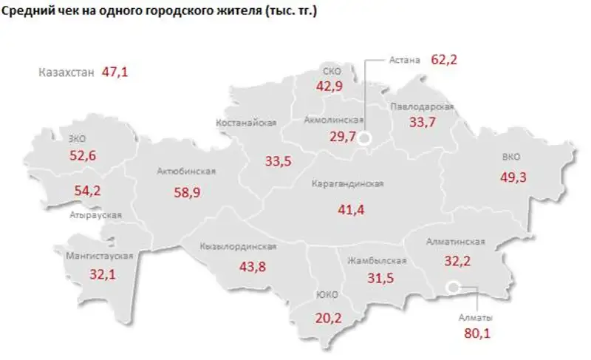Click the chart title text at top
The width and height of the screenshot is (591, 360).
pyautogui.click(x=160, y=13)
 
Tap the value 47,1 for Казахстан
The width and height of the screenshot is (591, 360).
pyautogui.click(x=116, y=72)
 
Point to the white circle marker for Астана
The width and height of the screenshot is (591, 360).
pyautogui.click(x=365, y=139)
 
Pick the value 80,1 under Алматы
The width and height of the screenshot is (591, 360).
pyautogui.click(x=477, y=333)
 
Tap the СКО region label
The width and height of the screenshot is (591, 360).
pyautogui.click(x=330, y=71)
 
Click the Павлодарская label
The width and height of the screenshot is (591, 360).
pyautogui.click(x=423, y=106)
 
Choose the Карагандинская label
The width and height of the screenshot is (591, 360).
pyautogui.click(x=352, y=184)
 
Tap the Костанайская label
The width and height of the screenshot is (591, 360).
pyautogui.click(x=246, y=123)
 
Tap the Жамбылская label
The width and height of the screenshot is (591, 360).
pyautogui.click(x=378, y=261)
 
